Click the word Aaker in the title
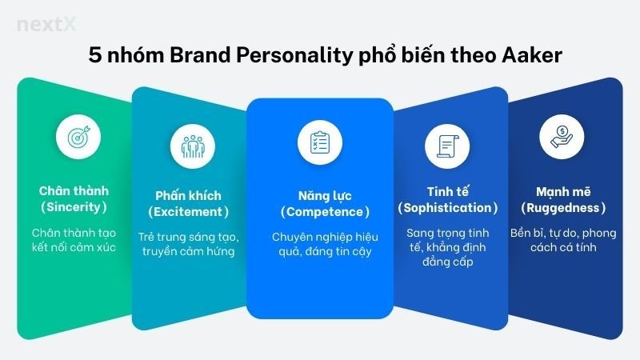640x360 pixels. pyautogui.click(x=528, y=58)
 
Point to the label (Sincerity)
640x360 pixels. pyautogui.click(x=74, y=208)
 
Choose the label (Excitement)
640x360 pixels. pyautogui.click(x=188, y=212)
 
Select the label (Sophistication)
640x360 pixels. pyautogui.click(x=447, y=208)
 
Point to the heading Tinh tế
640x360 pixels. pyautogui.click(x=447, y=191)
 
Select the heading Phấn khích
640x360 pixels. pyautogui.click(x=188, y=195)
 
